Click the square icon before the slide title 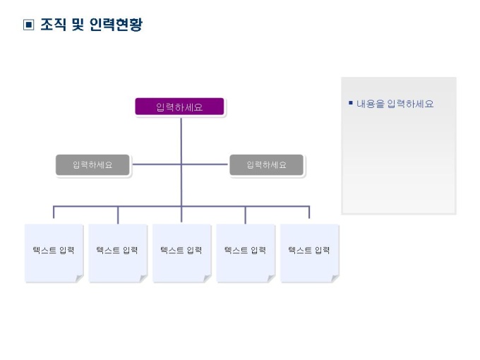tap(28, 25)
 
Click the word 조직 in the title tap(52, 25)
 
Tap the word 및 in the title tap(77, 25)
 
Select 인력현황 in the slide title tap(116, 25)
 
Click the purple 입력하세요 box tap(179, 107)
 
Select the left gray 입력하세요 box tap(92, 164)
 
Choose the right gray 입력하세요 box tap(266, 164)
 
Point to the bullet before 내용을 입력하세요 tap(350, 103)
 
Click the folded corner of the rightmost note tap(335, 278)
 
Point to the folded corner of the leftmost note tap(79, 278)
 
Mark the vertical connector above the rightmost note tap(309, 215)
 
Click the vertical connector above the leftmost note tap(54, 215)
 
